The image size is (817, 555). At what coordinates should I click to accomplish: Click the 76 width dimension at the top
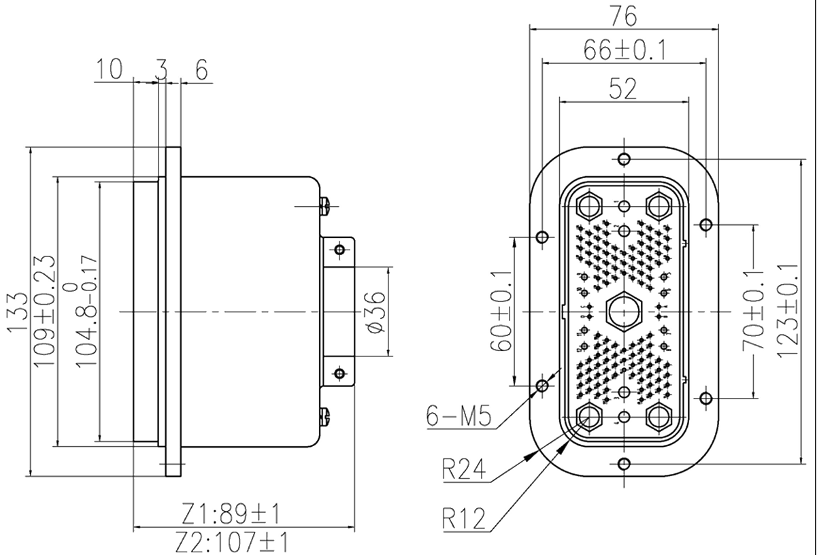[x=623, y=14]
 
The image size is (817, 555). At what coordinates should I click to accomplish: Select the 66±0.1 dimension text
[x=624, y=49]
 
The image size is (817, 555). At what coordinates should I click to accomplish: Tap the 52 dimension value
[x=623, y=88]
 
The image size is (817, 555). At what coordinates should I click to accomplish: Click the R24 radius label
[x=465, y=469]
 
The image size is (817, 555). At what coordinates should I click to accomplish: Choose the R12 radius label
[x=465, y=518]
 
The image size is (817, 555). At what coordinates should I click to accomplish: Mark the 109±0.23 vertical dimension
[x=45, y=310]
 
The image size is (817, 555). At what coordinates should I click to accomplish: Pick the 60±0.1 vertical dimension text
[x=502, y=310]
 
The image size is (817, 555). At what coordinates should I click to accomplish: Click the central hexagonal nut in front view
[x=623, y=311]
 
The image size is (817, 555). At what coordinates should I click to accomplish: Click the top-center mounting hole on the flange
[x=624, y=159]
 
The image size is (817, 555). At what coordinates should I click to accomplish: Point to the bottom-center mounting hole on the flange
[x=624, y=463]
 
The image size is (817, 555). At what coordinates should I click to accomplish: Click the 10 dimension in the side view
[x=109, y=69]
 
